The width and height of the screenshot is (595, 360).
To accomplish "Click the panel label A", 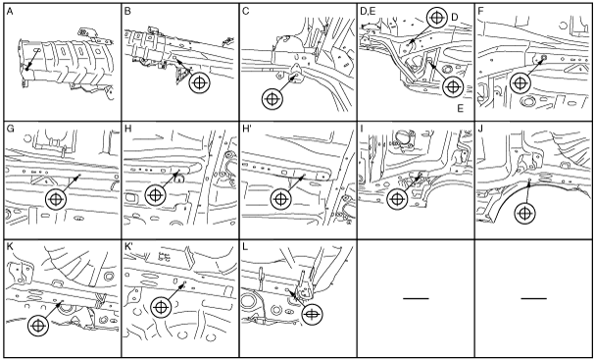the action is tap(10, 12).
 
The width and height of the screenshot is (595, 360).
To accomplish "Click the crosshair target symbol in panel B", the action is tap(200, 82).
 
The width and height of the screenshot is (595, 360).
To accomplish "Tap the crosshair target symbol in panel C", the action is tap(273, 99).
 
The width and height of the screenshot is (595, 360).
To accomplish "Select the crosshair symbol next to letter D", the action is tap(437, 18).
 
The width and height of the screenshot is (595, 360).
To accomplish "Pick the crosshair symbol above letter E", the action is tap(452, 87).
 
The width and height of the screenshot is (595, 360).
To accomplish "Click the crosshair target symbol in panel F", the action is tap(521, 82).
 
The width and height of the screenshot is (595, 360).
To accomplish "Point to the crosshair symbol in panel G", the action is tap(56, 199).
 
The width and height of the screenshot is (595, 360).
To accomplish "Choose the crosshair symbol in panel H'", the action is tap(280, 199).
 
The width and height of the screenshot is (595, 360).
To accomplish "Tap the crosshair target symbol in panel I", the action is tap(397, 199).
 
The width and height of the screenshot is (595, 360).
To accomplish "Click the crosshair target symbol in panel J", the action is tap(524, 214).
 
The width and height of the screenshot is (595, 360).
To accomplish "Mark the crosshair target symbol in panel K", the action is tap(38, 326).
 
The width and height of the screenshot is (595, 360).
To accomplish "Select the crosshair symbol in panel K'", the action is tap(162, 307).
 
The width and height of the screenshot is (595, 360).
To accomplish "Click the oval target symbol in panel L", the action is tap(312, 314).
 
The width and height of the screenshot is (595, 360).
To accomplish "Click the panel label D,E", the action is tap(368, 12).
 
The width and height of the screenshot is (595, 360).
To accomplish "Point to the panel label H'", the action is tap(247, 129).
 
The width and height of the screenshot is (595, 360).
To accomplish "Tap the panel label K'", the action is tap(128, 246).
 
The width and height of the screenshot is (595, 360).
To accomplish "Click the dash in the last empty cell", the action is tap(534, 298).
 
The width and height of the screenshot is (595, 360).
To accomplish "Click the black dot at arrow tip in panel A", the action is tap(26, 69).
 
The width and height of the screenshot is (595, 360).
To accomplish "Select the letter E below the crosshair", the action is tap(461, 109).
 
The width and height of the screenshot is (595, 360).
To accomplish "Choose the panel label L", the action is tap(245, 246).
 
